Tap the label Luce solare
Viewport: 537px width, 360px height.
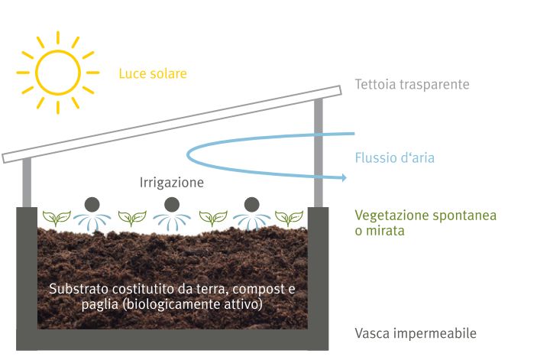(153, 73)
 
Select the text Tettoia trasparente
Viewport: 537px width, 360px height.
(412, 85)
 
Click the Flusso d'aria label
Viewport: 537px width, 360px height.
(394, 158)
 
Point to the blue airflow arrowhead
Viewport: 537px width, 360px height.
(343, 177)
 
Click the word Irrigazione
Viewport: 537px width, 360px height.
(172, 183)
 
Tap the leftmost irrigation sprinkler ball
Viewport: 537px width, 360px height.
(92, 205)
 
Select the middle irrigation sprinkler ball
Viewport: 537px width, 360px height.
(172, 205)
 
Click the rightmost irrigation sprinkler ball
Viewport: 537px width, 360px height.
(252, 205)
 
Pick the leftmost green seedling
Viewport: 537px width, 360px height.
(57, 218)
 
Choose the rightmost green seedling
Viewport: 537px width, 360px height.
(289, 218)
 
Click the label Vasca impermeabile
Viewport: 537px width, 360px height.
(416, 333)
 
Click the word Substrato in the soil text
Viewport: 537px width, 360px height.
(79, 289)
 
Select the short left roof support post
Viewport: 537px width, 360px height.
(27, 183)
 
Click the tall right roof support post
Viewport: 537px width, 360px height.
(319, 153)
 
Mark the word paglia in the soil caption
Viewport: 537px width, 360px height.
(99, 304)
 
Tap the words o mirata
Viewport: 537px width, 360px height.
(380, 231)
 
